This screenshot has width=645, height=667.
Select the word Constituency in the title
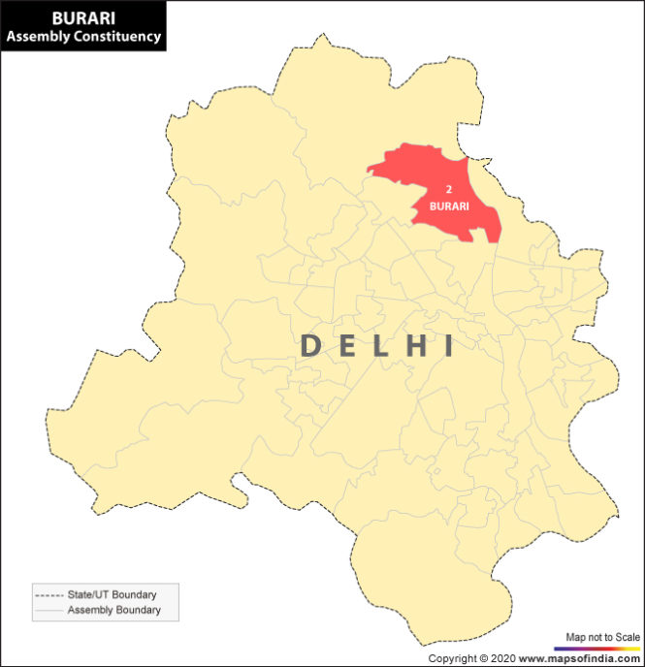tap(115, 37)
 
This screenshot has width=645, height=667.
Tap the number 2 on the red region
tap(448, 189)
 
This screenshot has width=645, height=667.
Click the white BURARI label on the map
tap(449, 206)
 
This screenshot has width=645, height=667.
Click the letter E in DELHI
tap(348, 346)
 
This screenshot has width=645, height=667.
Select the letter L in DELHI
tap(380, 346)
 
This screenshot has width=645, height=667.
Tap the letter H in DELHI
tap(415, 346)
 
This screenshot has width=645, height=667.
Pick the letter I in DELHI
tap(447, 346)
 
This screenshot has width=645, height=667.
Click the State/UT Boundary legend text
tap(112, 594)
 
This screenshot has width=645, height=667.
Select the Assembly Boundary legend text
tap(113, 610)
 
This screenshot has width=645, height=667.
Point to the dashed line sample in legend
tap(48, 594)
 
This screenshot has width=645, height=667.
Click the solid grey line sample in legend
tap(48, 611)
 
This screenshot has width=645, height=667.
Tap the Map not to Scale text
tap(602, 636)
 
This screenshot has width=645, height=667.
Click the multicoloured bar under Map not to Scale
tap(597, 648)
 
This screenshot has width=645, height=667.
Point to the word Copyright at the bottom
tap(452, 658)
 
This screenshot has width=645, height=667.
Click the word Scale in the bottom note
tap(628, 636)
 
